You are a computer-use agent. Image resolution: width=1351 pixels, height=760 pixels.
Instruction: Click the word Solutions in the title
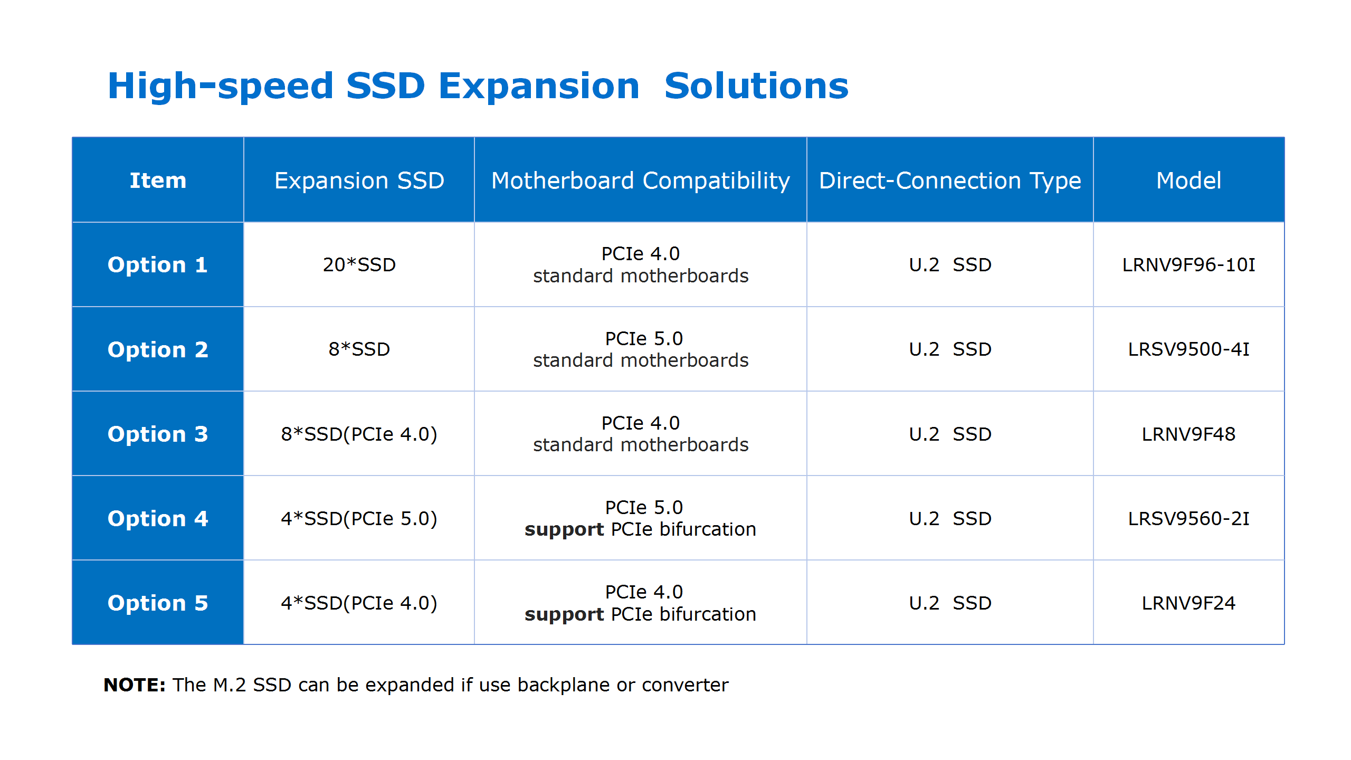756,85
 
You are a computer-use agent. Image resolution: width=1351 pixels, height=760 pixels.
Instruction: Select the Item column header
158,180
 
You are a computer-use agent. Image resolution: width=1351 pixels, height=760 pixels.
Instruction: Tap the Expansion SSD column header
359,180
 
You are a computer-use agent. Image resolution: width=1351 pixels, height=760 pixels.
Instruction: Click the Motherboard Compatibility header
640,180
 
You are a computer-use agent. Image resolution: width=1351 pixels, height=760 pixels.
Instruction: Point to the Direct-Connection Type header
950,180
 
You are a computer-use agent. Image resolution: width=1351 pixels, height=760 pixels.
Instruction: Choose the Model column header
1188,180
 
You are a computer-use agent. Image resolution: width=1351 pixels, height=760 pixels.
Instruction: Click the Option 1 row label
157,264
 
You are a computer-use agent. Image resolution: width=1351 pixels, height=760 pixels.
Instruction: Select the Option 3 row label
157,434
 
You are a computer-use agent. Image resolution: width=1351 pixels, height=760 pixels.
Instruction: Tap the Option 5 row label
157,603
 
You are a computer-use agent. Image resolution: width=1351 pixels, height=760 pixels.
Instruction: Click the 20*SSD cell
359,264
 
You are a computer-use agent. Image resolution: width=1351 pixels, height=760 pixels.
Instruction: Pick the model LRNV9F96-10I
1188,264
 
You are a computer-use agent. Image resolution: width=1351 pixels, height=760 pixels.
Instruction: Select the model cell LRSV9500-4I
1188,349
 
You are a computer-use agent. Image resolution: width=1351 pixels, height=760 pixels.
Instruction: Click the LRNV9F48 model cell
1188,434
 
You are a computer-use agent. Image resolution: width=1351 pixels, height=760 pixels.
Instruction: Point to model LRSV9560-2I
1188,518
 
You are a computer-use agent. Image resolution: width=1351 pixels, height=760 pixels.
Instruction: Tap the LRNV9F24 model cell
1188,603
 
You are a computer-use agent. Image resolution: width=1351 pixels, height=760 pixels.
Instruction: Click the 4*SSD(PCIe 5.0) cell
359,518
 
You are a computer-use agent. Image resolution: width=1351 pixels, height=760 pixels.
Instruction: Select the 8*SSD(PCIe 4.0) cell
359,434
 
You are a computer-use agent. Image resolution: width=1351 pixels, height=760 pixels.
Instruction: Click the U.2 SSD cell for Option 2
950,349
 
